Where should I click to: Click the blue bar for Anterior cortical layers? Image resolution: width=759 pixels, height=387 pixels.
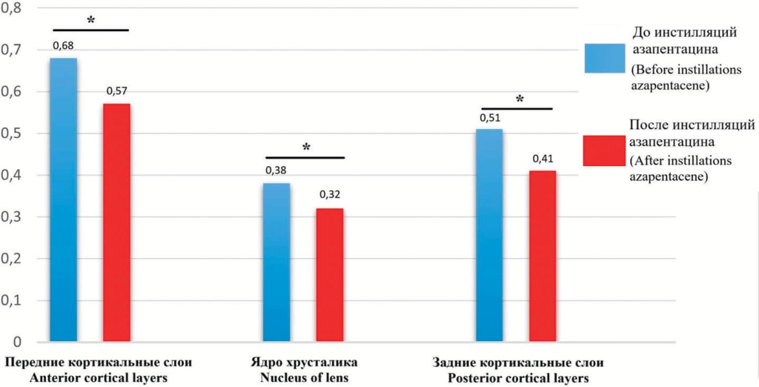pyautogui.click(x=64, y=200)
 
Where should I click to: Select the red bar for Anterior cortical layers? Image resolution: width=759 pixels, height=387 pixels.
pyautogui.click(x=116, y=222)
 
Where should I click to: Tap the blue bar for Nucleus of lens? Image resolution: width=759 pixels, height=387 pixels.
pyautogui.click(x=276, y=262)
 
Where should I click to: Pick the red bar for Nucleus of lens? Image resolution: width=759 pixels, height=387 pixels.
pyautogui.click(x=330, y=275)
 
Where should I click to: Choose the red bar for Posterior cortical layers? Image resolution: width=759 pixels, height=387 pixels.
pyautogui.click(x=543, y=257)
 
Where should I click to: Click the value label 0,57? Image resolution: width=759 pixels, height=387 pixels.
pyautogui.click(x=117, y=91)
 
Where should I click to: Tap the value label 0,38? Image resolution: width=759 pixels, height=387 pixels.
pyautogui.click(x=276, y=171)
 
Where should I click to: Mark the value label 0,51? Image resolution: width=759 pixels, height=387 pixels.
pyautogui.click(x=491, y=116)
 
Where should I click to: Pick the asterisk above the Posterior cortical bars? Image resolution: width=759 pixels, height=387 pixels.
pyautogui.click(x=520, y=99)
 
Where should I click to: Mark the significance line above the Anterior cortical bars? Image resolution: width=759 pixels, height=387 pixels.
pyautogui.click(x=90, y=30)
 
